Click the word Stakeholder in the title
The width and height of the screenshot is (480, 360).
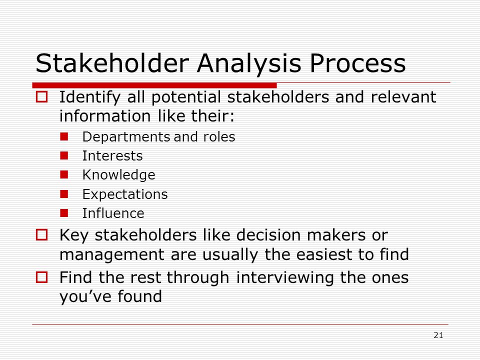(x=112, y=63)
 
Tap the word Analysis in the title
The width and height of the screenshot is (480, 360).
(x=249, y=63)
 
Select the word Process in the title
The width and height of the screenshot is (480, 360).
(x=357, y=63)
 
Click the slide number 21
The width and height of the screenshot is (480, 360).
(x=438, y=335)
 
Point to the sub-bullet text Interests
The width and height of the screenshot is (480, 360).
(x=112, y=156)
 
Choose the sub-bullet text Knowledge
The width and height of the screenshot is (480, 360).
(x=119, y=175)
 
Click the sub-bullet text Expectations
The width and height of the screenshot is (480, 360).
(x=125, y=194)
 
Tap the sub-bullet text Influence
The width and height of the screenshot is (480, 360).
(x=113, y=213)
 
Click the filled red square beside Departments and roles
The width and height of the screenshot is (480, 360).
(x=64, y=136)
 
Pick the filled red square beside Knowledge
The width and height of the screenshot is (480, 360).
(x=64, y=175)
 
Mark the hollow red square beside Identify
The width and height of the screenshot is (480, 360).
(x=42, y=97)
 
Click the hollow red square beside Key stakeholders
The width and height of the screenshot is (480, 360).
(x=42, y=235)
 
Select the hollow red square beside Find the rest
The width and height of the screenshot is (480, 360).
(x=42, y=277)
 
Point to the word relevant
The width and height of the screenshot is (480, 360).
(x=403, y=97)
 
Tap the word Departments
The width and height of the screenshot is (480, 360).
(x=126, y=137)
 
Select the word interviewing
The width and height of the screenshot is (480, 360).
(x=284, y=278)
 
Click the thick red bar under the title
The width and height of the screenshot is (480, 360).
(x=154, y=85)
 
